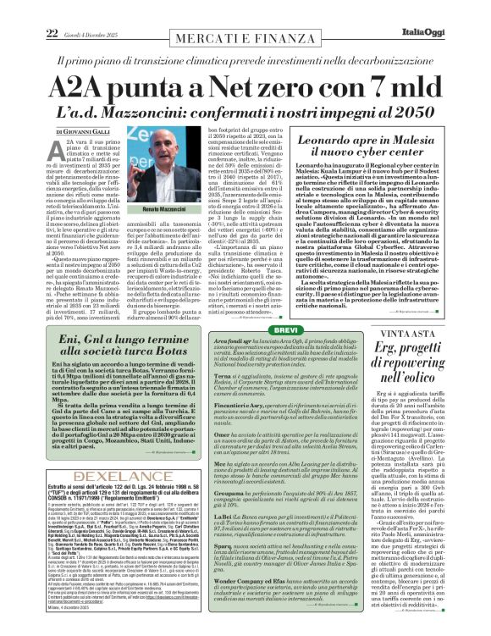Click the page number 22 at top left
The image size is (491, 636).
28,8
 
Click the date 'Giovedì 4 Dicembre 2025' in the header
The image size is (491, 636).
74,9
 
